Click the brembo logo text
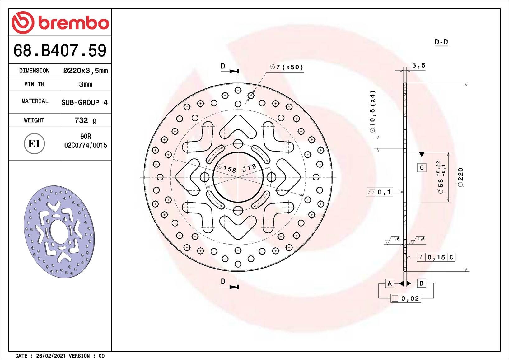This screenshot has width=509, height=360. (74, 23)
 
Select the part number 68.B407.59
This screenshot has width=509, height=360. (60, 50)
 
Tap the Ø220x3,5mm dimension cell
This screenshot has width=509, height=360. (86, 71)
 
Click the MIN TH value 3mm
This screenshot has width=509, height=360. (86, 84)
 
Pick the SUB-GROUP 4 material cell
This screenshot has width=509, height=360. (84, 102)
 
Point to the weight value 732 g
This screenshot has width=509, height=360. (86, 120)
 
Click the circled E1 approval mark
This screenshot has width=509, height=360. (34, 144)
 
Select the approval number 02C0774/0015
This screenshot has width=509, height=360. (86, 145)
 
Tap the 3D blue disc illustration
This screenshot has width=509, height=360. (59, 232)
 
